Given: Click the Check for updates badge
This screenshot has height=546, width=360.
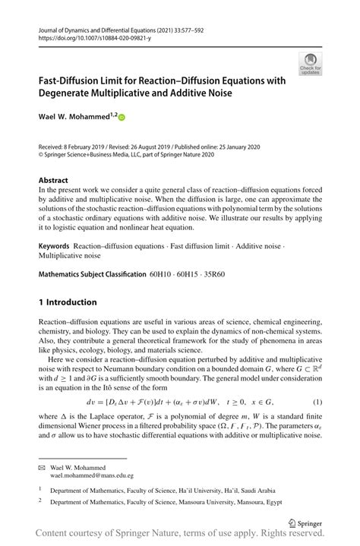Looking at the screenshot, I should pyautogui.click(x=311, y=63).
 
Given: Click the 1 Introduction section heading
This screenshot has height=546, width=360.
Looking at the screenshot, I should pyautogui.click(x=68, y=301).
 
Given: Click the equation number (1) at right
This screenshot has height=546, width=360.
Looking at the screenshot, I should pyautogui.click(x=315, y=401).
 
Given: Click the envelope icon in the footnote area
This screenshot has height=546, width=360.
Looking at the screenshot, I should pyautogui.click(x=43, y=469).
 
